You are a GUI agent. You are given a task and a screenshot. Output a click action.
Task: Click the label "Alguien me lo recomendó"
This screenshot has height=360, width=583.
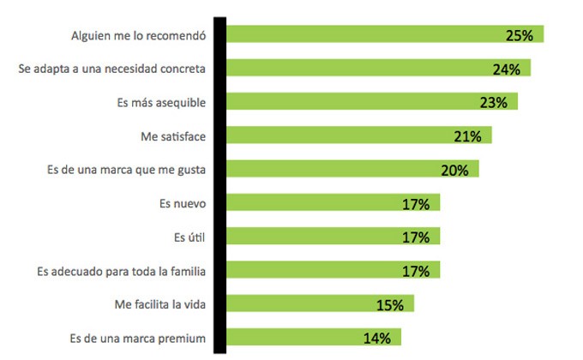click(x=137, y=36)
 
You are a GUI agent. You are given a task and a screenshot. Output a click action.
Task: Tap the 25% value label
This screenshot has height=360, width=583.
click(x=520, y=36)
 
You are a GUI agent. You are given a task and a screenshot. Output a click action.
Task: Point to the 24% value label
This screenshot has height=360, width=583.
click(x=507, y=69)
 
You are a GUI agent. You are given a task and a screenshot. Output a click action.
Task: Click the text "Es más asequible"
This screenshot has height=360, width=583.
click(x=161, y=103)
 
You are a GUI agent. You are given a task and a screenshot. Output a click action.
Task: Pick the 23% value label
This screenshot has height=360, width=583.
click(x=494, y=103)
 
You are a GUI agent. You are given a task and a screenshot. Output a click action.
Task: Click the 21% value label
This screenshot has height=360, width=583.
click(x=468, y=136)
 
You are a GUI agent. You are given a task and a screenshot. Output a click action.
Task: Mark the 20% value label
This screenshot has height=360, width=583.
click(x=454, y=170)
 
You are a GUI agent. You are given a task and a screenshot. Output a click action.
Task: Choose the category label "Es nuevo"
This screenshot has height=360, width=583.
click(x=182, y=203)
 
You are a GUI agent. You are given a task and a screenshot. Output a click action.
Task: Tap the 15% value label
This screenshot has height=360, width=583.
click(x=390, y=304)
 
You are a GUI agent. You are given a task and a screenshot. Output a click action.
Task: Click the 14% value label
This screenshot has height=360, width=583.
click(x=377, y=338)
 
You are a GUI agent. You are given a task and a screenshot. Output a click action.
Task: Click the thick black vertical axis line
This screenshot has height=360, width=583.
click(x=220, y=184)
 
